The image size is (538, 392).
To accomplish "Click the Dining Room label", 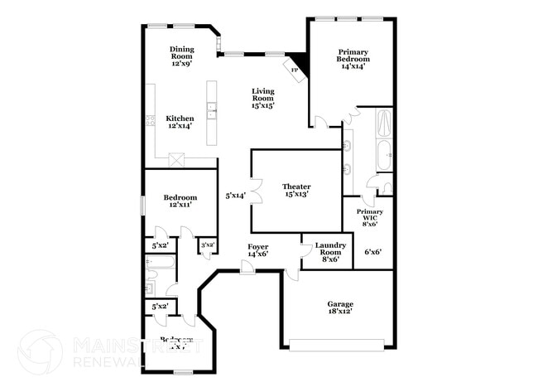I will (181, 56).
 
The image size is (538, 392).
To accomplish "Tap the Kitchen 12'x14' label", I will (180, 123).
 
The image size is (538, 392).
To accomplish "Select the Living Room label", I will (263, 98).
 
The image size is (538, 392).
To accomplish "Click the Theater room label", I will (295, 191).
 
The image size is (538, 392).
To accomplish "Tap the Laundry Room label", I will (329, 251).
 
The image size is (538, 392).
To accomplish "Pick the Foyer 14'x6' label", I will (257, 251).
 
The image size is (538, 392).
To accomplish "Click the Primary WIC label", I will (370, 218).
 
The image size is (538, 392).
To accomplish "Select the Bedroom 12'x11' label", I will (180, 201).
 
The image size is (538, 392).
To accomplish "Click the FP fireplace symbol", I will (294, 70).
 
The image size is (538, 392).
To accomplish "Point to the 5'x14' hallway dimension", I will (235, 196).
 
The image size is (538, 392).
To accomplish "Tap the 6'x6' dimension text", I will (372, 252).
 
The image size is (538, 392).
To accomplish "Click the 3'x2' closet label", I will (207, 244).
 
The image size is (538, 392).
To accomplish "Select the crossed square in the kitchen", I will (176, 160).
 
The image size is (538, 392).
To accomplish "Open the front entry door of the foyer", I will (247, 267).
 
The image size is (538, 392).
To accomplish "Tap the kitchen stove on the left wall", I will (151, 121).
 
